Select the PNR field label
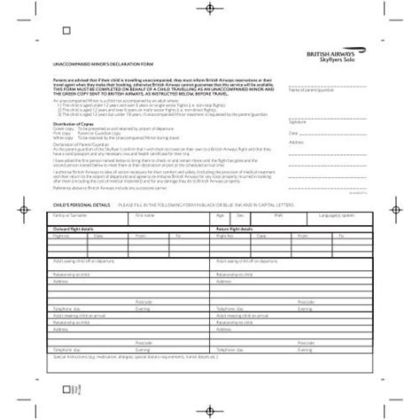pyautogui.click(x=277, y=214)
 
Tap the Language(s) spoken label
pyautogui.click(x=336, y=214)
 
